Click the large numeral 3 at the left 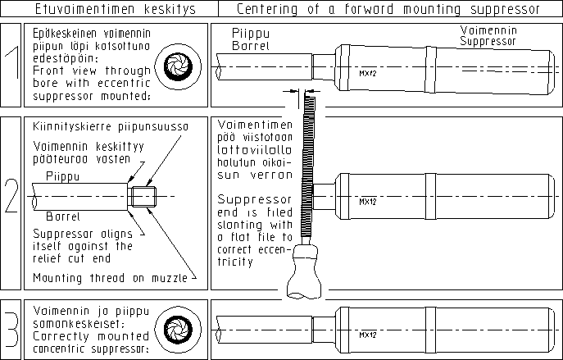(x=12, y=326)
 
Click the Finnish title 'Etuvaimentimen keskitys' (x=108, y=10)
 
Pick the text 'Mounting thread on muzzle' (x=107, y=278)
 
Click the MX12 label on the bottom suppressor (x=367, y=335)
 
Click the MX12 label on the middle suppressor (x=367, y=200)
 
